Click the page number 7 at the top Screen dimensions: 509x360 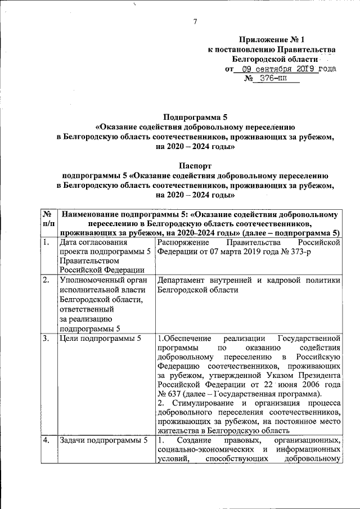(195, 22)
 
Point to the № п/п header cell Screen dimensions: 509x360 (49, 222)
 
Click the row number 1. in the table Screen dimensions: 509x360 (47, 242)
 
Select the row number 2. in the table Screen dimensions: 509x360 (47, 280)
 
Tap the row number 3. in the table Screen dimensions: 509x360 (47, 339)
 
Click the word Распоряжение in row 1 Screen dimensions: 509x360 (185, 242)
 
